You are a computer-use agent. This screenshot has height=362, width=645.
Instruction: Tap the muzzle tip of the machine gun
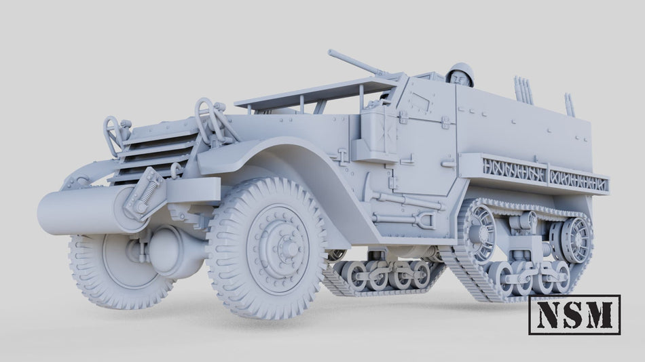click(330, 52)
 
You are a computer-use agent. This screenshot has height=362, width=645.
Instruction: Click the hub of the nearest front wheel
click(287, 248)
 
